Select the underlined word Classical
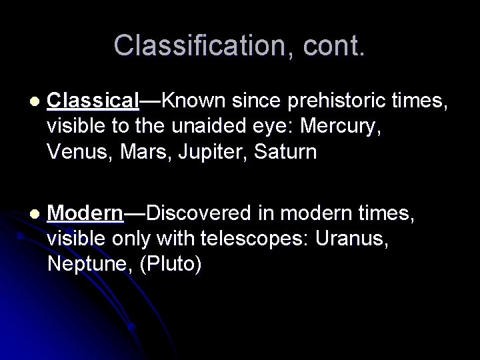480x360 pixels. click(93, 101)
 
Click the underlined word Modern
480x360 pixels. click(86, 213)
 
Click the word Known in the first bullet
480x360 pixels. click(188, 101)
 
